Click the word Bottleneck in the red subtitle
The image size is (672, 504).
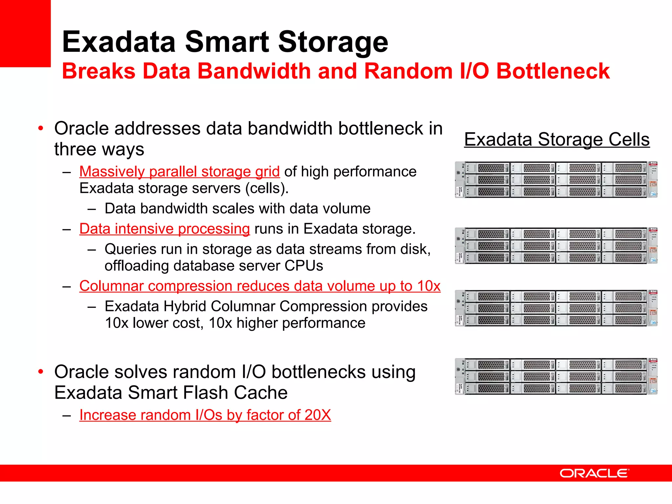tap(553, 71)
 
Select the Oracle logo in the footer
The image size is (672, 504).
tap(594, 473)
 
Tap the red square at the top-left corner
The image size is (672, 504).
tap(25, 33)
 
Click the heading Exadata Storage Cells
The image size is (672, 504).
tap(557, 139)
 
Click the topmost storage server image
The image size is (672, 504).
tap(556, 179)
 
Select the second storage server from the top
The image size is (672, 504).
tap(556, 245)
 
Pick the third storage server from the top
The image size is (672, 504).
tap(556, 308)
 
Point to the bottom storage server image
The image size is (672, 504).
tap(556, 376)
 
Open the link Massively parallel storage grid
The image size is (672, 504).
tap(179, 172)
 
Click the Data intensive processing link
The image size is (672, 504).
tap(164, 229)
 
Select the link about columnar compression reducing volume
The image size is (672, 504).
tap(260, 286)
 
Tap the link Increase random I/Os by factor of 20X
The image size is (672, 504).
tap(205, 415)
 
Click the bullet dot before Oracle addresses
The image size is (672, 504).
tap(41, 128)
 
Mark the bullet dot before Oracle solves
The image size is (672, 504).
tap(41, 372)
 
